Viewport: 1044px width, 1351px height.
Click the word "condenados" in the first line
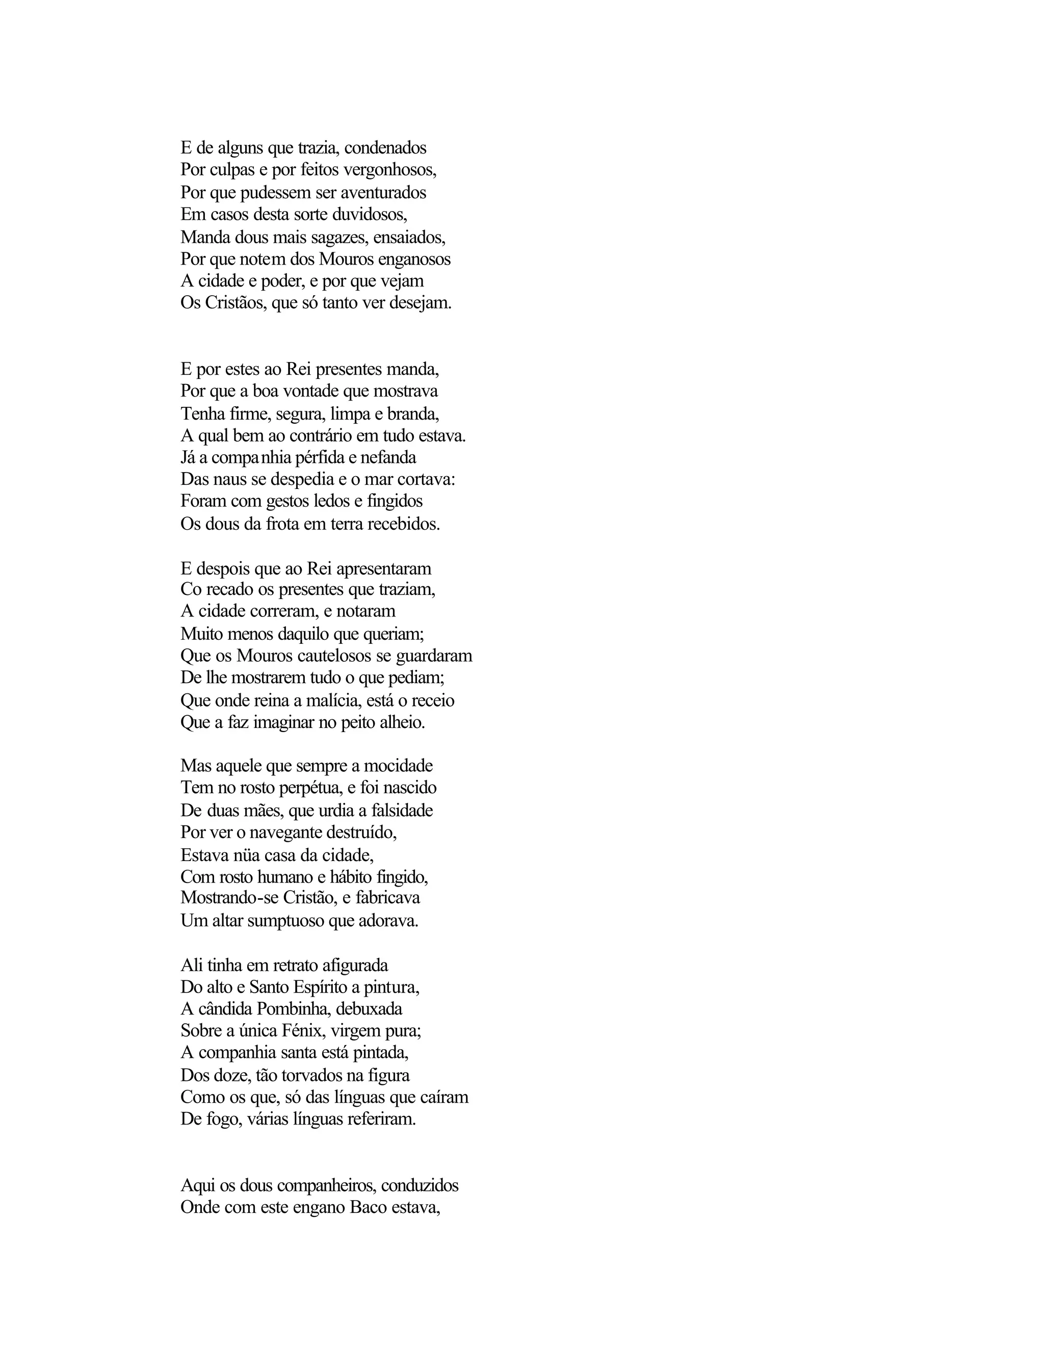pos(385,148)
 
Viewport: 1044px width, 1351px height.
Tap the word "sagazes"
pos(339,237)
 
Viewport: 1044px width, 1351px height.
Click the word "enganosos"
pos(414,259)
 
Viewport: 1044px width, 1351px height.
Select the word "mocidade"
pos(398,766)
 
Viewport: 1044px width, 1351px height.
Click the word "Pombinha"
pos(293,1009)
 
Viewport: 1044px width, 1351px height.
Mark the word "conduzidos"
pos(420,1185)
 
